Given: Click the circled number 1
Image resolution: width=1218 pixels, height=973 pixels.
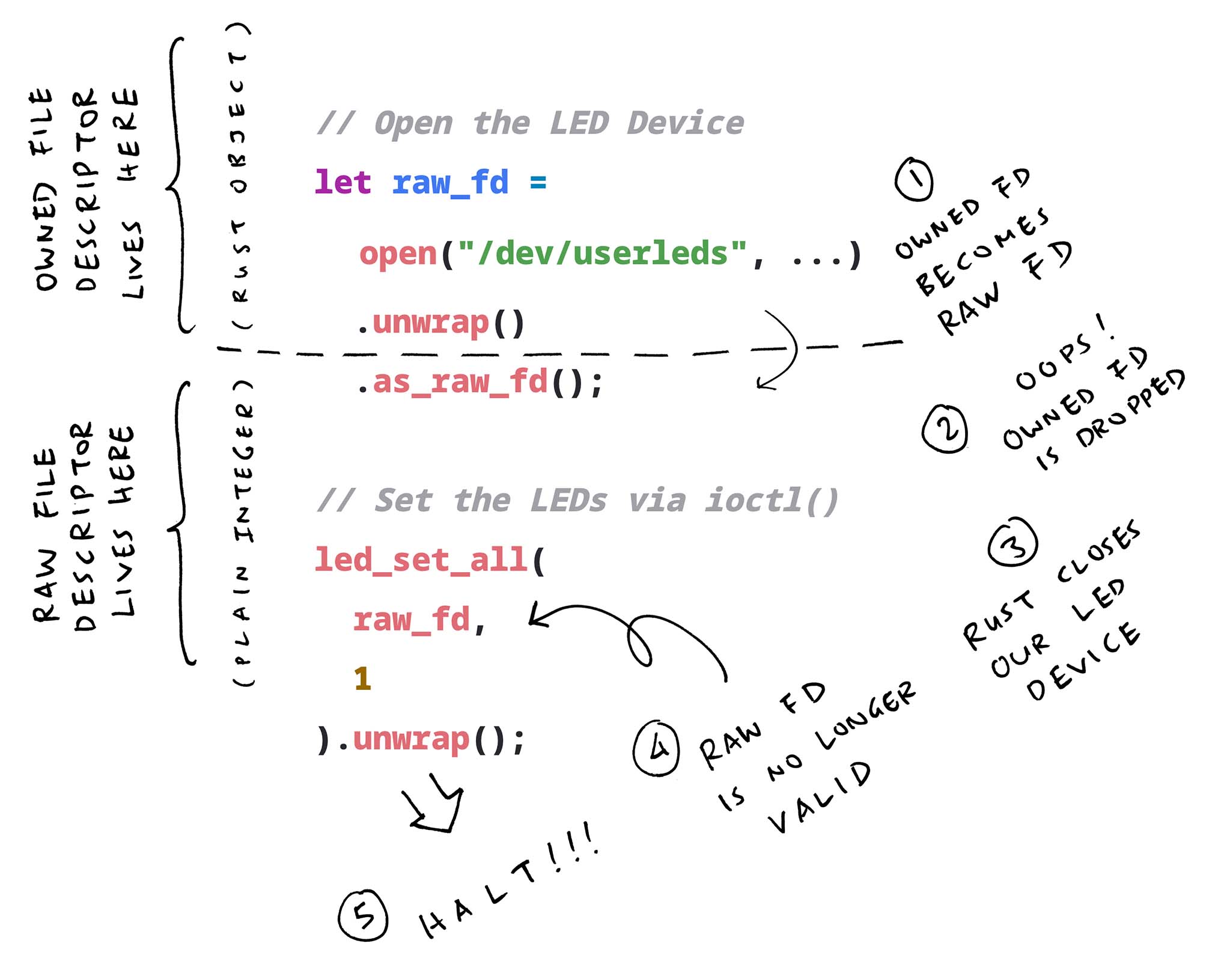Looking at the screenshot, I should (x=914, y=178).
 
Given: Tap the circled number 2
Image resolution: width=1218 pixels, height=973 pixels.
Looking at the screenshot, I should (x=945, y=428).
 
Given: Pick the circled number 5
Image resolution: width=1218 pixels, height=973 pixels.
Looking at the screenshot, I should (x=363, y=915).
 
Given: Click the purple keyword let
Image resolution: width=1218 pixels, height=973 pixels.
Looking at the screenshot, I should (x=343, y=182).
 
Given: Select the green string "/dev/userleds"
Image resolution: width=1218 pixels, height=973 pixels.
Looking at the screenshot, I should (x=602, y=254).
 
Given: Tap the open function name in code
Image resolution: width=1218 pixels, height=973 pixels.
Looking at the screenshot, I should (x=398, y=254).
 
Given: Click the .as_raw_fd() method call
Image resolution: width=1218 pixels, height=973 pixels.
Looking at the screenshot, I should (x=481, y=383).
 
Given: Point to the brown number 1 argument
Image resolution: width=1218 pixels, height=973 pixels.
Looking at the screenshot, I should (x=362, y=679).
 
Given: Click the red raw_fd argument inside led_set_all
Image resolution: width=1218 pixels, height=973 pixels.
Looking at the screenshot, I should (x=412, y=620).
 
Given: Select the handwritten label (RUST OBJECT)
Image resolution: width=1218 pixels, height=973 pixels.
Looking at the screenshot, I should (x=240, y=174).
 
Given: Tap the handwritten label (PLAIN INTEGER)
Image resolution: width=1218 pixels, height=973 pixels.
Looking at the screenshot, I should (x=243, y=532).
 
